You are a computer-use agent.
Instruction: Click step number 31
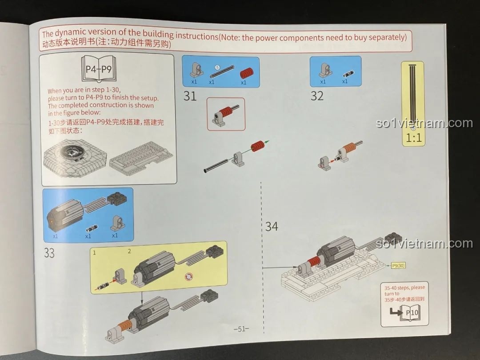point(190,96)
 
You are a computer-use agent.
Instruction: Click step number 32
point(317,96)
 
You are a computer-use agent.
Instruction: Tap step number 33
point(49,253)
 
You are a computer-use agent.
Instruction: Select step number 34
point(272,227)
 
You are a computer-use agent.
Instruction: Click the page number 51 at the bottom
point(241,329)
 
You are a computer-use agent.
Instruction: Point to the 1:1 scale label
point(414,138)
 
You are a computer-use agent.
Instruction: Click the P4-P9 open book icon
point(99,69)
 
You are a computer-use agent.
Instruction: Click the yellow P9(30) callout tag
point(398,265)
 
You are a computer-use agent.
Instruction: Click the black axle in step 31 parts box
point(222,71)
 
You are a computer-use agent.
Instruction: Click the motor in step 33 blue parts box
point(64,214)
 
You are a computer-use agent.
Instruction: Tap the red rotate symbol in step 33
point(189,277)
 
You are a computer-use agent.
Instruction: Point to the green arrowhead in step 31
point(267,142)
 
